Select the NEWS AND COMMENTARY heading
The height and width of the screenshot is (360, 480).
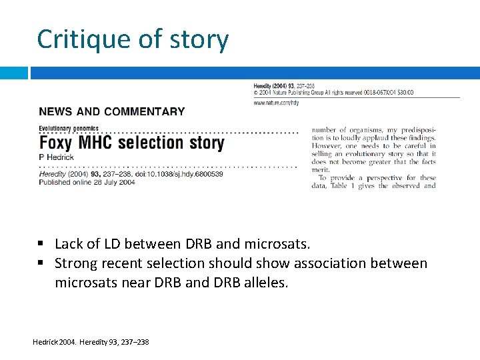[x=112, y=112]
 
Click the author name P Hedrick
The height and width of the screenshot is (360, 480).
[x=56, y=157]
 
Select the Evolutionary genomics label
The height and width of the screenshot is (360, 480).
[x=69, y=128]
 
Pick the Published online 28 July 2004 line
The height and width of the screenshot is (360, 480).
[x=87, y=182]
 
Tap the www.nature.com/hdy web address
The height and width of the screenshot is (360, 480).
[x=276, y=102]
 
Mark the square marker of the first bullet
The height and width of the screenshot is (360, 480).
[x=41, y=244]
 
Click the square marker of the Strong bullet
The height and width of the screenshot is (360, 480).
[x=41, y=263]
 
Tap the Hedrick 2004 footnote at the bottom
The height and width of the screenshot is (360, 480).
[x=91, y=342]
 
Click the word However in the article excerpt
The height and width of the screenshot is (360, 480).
[x=327, y=146]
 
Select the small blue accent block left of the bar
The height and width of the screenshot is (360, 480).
[x=14, y=73]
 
